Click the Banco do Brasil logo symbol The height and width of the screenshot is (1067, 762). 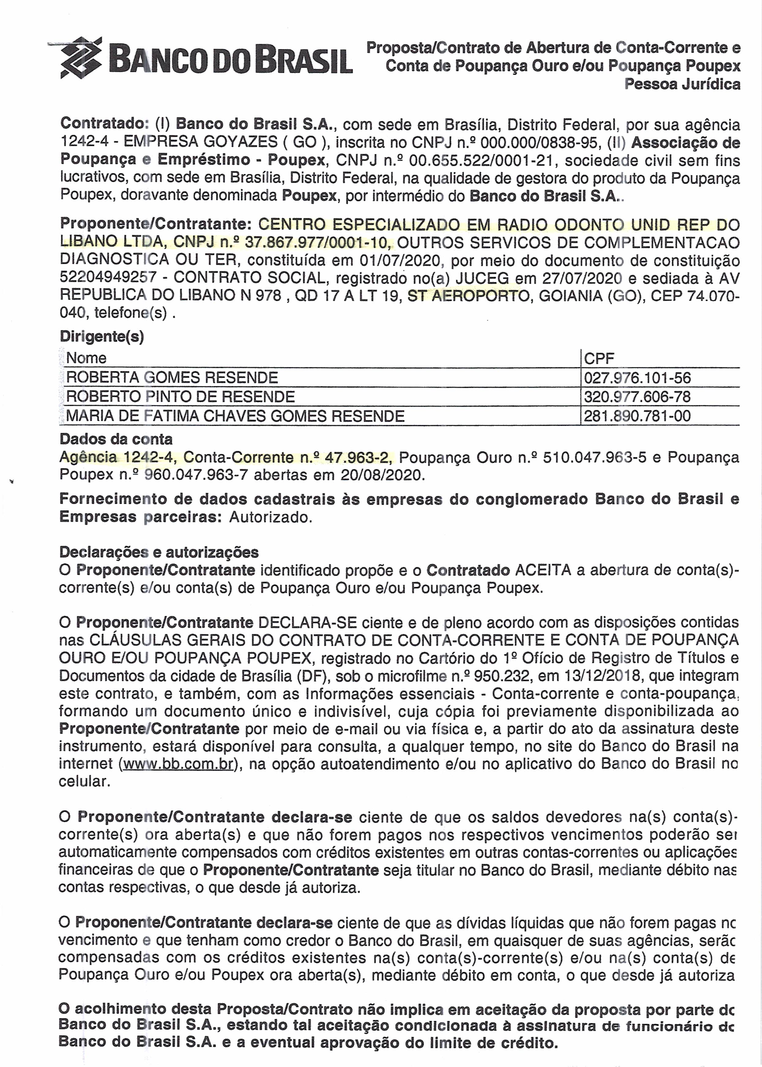[81, 57]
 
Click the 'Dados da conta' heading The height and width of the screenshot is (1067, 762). [116, 440]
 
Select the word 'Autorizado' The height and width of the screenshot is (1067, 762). [270, 517]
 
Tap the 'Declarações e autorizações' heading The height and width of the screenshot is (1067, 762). [158, 552]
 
